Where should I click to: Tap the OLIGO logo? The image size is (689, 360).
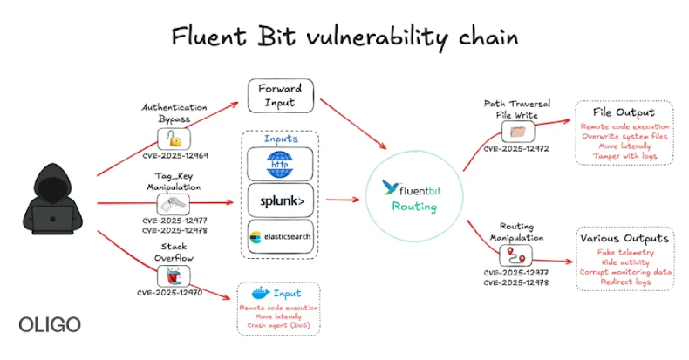click(50, 324)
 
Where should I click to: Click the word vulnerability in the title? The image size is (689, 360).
click(372, 37)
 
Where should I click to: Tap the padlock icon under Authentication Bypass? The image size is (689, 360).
click(173, 138)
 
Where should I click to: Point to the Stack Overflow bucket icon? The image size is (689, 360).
click(172, 275)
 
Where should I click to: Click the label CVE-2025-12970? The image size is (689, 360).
click(172, 293)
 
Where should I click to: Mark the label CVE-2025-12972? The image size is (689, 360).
click(515, 149)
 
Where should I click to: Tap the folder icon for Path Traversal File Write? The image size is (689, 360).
click(515, 131)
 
